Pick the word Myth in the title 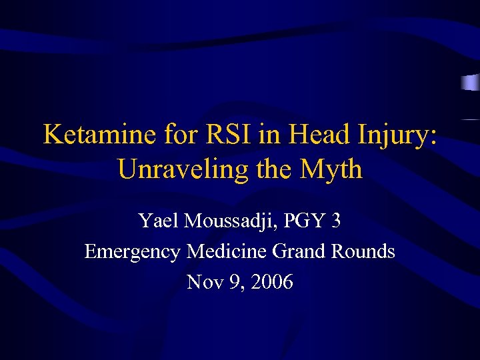(x=331, y=169)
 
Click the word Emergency (x=133, y=251)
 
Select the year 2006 (x=270, y=282)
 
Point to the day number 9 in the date (x=231, y=282)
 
